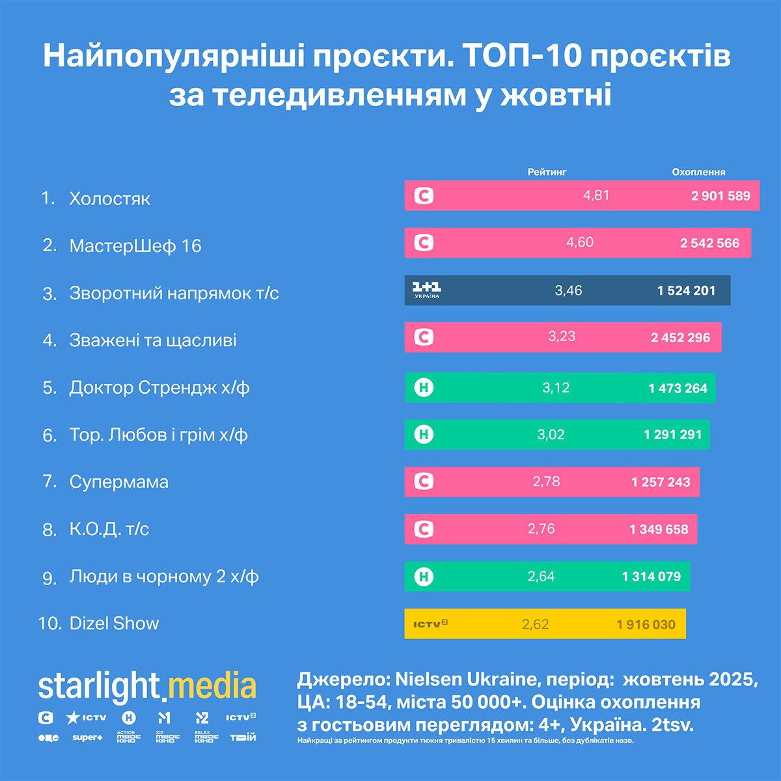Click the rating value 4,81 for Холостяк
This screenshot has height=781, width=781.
point(596,195)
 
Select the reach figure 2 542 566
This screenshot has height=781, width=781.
point(709,243)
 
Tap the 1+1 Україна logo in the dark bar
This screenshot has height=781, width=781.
point(427,290)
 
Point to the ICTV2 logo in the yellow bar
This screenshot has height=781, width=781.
point(430,623)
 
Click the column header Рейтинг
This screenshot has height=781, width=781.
point(547,172)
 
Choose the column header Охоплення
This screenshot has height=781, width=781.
point(698,172)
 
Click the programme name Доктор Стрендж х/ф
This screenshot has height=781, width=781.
point(159,388)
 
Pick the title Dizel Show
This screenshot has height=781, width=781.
point(114,623)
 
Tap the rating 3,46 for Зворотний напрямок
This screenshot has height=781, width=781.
point(568,290)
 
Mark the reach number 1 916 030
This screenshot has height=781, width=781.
point(646,624)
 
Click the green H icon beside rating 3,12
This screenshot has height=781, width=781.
point(424,388)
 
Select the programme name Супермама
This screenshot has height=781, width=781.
point(119,482)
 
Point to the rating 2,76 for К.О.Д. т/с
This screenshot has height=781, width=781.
point(541,528)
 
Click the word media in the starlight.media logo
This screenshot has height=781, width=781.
point(212,687)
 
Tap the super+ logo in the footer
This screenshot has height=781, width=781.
point(87,737)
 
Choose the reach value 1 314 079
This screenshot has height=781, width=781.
point(651,577)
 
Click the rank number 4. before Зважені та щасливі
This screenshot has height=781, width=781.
point(49,340)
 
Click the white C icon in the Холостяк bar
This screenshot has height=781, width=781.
point(424,195)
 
